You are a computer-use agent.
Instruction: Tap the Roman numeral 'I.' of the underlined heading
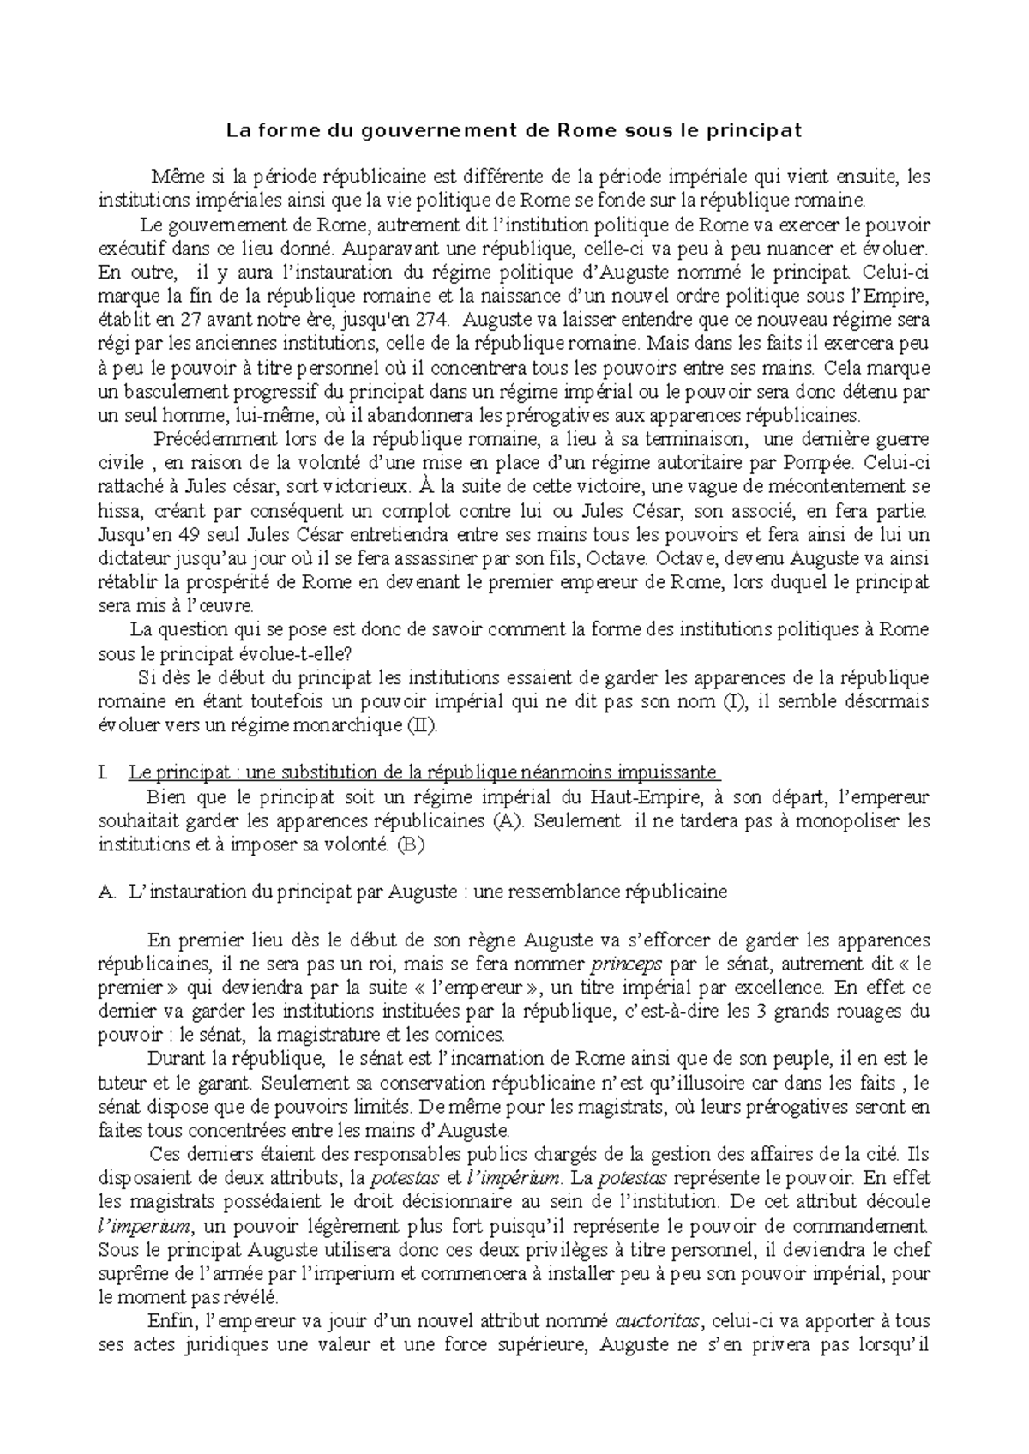click(x=104, y=772)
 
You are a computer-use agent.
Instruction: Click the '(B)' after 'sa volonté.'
click(x=411, y=844)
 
